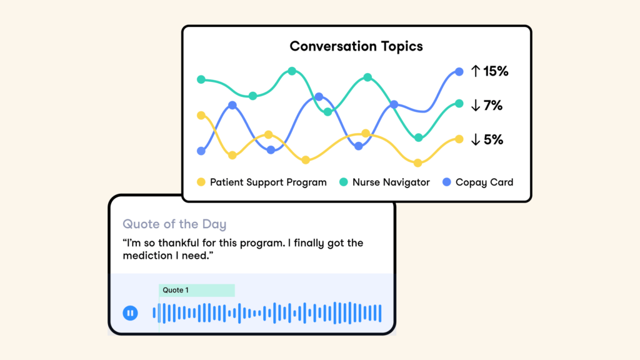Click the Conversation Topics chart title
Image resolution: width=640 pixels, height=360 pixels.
coord(356,46)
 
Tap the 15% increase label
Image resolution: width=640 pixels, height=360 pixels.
coord(496,71)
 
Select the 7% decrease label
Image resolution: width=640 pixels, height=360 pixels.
coord(493,106)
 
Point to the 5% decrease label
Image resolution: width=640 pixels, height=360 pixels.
coord(494,140)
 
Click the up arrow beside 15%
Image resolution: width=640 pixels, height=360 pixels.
coord(475,71)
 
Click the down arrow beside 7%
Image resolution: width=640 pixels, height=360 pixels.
coord(475,105)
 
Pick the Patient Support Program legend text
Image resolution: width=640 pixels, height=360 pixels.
coord(268,182)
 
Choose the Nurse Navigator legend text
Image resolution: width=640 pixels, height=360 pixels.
coord(391,182)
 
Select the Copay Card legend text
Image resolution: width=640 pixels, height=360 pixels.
coord(484,182)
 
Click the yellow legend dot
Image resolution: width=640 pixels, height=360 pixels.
coord(201,182)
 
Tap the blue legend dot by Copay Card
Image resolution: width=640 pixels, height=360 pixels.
coord(447,182)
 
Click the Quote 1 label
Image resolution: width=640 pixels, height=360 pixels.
coord(176,290)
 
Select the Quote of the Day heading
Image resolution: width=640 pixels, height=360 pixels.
coord(174,224)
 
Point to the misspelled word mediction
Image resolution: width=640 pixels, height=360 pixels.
coord(147,256)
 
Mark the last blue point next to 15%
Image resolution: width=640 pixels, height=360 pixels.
coord(459,72)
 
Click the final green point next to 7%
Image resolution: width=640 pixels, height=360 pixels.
coord(459,104)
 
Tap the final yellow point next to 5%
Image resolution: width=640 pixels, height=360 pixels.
coord(459,139)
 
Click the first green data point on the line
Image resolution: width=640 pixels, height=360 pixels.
coord(201,79)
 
